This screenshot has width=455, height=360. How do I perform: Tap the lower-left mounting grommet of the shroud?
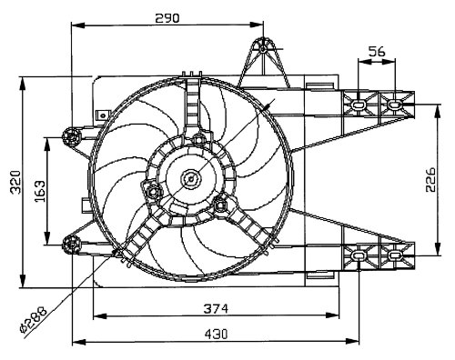(x=72, y=241)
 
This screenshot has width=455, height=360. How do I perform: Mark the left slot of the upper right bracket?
(x=359, y=105)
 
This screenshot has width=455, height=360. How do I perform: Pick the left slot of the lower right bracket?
(x=359, y=257)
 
